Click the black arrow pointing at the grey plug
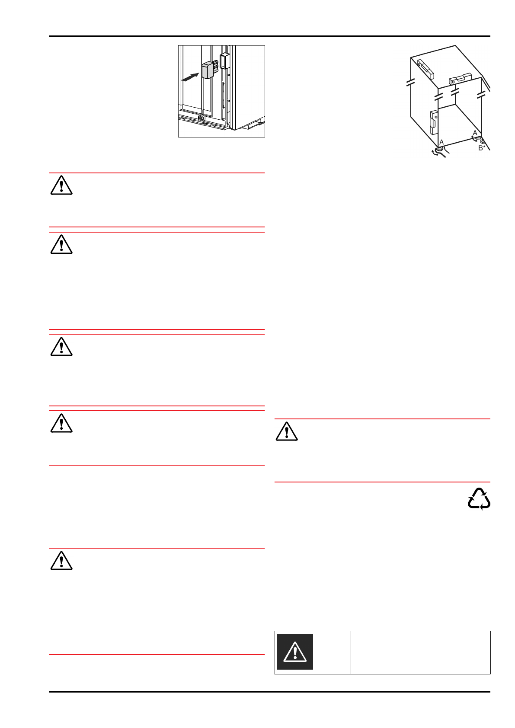pos(190,77)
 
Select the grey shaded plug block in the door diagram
pos(207,70)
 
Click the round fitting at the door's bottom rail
pos(201,118)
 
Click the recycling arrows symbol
pos(479,499)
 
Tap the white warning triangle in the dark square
pos(295,651)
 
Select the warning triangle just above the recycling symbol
pos(286,431)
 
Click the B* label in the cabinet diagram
pos(481,148)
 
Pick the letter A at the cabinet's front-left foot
pos(441,142)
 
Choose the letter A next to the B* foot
pos(475,133)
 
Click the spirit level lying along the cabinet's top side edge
pos(425,68)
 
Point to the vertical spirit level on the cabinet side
pos(434,122)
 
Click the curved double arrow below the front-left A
pos(435,153)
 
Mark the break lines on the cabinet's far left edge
pos(410,82)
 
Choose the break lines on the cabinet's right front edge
pos(481,94)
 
